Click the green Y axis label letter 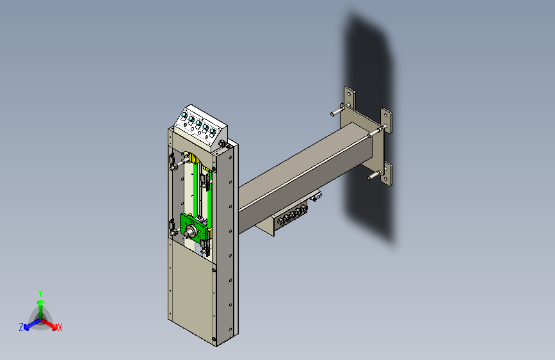point(40,293)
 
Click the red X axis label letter point(60,327)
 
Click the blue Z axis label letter point(21,327)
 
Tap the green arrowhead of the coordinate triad point(41,302)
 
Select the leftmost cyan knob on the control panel point(184,115)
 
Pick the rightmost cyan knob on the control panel point(213,132)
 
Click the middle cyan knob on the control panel point(198,123)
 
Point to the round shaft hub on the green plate point(191,231)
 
